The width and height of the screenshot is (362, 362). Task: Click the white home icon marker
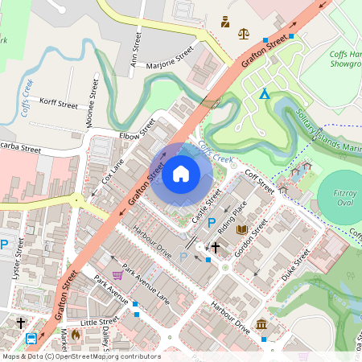181,173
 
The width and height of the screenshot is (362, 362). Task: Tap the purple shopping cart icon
117,275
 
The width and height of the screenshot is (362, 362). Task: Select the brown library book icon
242,230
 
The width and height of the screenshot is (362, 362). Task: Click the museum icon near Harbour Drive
261,324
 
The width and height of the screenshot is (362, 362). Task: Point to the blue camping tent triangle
264,94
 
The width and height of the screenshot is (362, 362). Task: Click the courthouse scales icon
244,33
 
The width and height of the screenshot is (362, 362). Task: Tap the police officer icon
224,21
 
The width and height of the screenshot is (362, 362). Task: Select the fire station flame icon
75,333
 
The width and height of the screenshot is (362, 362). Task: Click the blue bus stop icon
31,339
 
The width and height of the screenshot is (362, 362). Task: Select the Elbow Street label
137,130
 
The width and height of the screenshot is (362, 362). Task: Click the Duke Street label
295,266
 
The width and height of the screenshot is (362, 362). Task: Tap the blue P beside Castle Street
212,223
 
